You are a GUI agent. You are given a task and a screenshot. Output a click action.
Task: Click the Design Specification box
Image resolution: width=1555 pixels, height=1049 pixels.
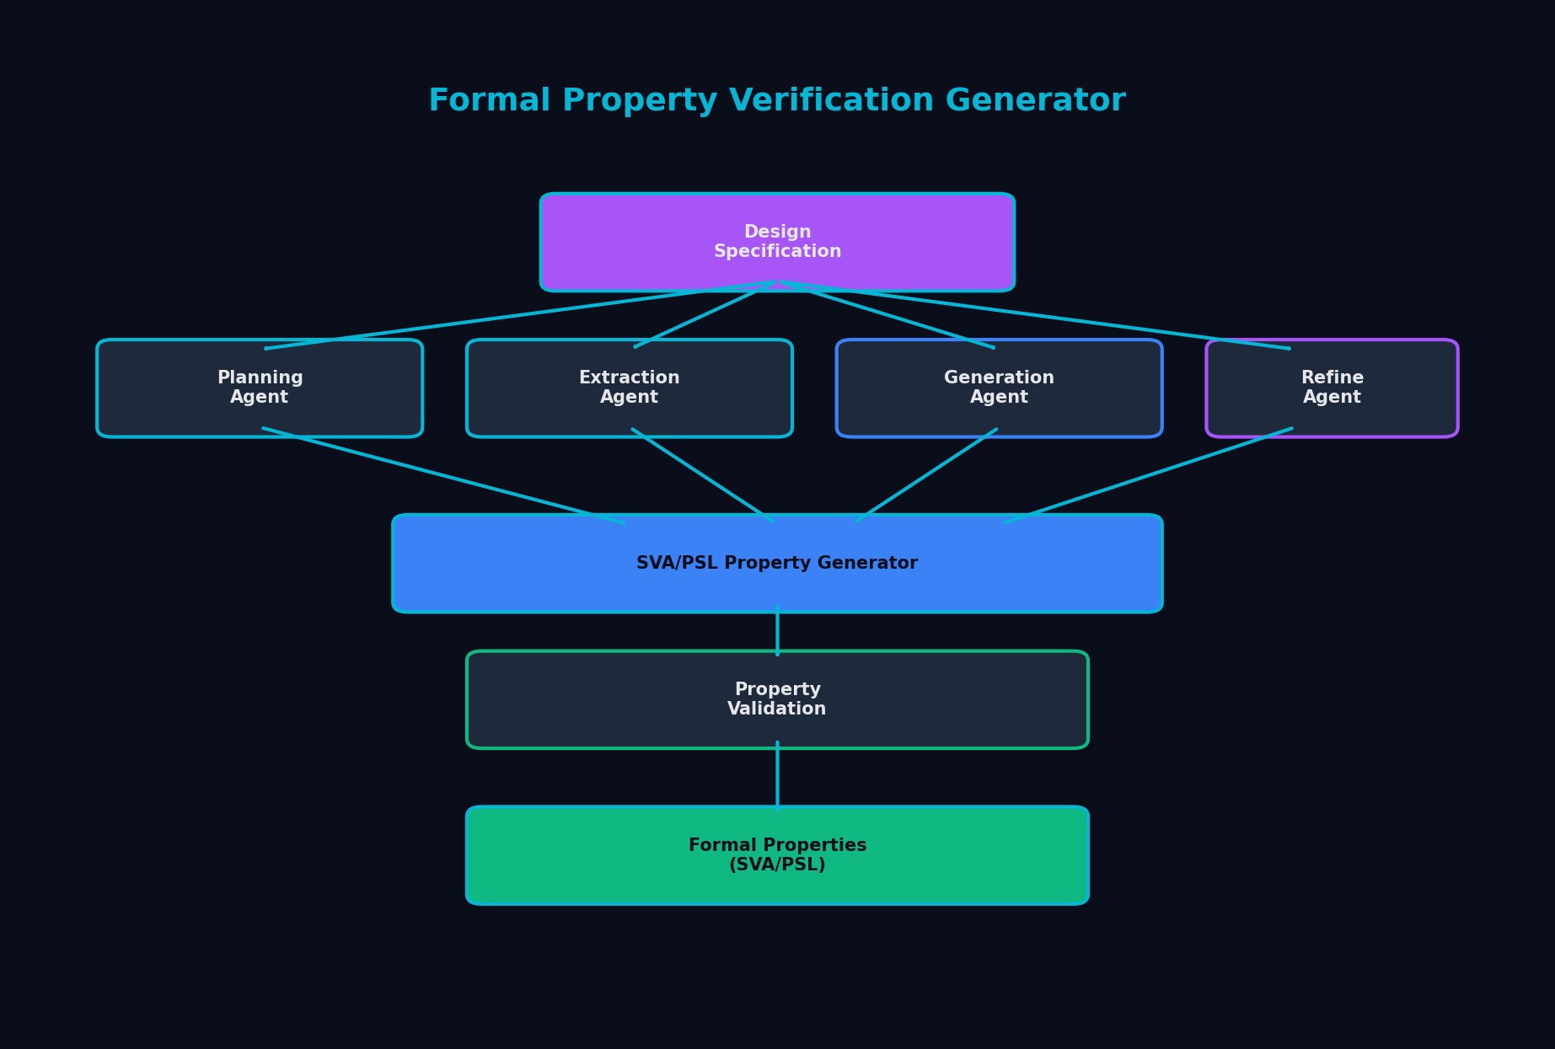pos(777,242)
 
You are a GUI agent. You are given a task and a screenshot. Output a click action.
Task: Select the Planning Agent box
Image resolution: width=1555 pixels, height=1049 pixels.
pos(260,388)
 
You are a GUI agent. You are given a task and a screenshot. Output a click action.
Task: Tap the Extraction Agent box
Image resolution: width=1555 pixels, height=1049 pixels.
pos(629,388)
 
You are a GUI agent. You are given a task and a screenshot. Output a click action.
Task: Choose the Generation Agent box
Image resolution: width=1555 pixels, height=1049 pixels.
pos(999,388)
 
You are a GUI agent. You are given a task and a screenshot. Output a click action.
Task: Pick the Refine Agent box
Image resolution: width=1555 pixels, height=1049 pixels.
pos(1332,388)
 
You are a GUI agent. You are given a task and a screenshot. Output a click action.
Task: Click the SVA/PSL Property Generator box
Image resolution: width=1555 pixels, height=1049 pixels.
pos(777,563)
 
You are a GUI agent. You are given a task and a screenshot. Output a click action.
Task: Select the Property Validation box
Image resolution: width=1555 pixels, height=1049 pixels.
pos(777,699)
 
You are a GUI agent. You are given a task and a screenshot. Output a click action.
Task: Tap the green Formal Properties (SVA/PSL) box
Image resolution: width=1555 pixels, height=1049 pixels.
pos(777,855)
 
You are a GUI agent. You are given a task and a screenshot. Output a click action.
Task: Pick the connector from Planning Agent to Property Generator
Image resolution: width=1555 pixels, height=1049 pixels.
pos(442,475)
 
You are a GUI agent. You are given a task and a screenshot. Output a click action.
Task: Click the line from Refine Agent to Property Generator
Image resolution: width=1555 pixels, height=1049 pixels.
pos(1148,475)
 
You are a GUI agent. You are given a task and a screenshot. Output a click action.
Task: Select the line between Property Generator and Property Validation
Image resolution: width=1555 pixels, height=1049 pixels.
pos(777,631)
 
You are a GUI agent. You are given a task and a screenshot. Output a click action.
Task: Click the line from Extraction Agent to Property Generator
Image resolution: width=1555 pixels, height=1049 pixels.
pos(702,474)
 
